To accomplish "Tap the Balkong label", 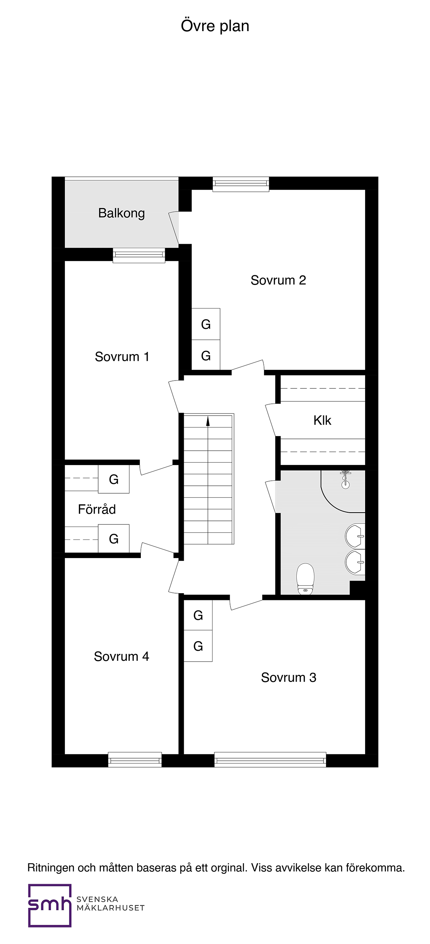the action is pyautogui.click(x=121, y=213).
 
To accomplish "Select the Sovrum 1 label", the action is pyautogui.click(x=122, y=357).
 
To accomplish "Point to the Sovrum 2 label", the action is pyautogui.click(x=278, y=280).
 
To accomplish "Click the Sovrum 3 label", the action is pyautogui.click(x=288, y=677).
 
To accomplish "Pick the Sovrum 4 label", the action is pyautogui.click(x=121, y=656).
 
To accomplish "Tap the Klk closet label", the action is pyautogui.click(x=322, y=420).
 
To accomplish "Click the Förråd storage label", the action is pyautogui.click(x=97, y=509).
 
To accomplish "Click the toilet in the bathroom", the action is pyautogui.click(x=305, y=578).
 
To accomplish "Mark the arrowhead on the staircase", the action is pyautogui.click(x=208, y=421).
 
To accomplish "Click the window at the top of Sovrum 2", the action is pyautogui.click(x=241, y=184).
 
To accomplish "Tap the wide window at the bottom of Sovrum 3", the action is pyautogui.click(x=270, y=759).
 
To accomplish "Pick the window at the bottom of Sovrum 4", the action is pyautogui.click(x=135, y=759).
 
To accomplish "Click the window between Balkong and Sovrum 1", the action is pyautogui.click(x=139, y=256).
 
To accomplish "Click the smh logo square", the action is pyautogui.click(x=50, y=906).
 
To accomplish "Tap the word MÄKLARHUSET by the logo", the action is pyautogui.click(x=110, y=908).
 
